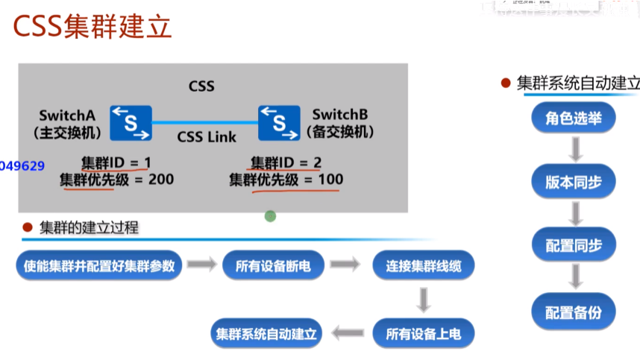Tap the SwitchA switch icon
pos(131,123)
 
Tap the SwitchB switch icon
pos(279,123)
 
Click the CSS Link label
pos(207,137)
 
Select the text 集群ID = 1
pos(116,162)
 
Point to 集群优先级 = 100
pos(286,179)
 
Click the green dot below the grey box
pos(270,216)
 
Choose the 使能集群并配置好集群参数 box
pos(98,265)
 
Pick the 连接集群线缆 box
pos(423,265)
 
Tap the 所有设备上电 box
pos(423,333)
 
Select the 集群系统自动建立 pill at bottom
pos(266,333)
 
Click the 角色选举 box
pos(574,119)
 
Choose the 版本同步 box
pos(574,182)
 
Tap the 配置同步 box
pos(574,245)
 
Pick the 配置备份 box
pos(574,311)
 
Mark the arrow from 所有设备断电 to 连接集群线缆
pos(345,265)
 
